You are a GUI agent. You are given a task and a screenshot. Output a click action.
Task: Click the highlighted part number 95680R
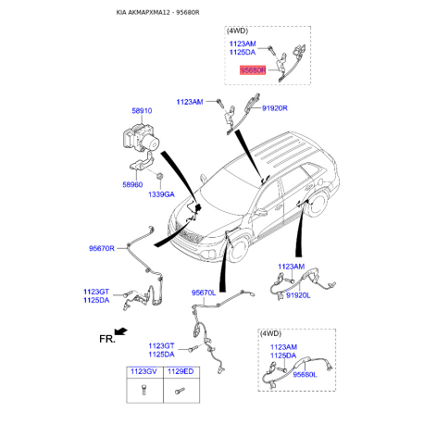click(x=253, y=70)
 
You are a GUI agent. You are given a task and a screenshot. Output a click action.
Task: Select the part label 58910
click(x=142, y=111)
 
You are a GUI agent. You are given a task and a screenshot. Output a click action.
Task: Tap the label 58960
click(x=132, y=184)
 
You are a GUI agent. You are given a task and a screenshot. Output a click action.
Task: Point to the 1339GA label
click(x=161, y=194)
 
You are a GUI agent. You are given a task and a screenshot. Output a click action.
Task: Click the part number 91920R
click(x=275, y=108)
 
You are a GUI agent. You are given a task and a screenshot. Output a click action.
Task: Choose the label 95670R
click(x=102, y=248)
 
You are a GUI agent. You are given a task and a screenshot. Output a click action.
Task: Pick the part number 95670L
click(x=204, y=293)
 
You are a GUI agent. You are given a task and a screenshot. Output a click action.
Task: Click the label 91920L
click(x=298, y=295)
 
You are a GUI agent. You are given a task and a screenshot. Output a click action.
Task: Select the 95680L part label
click(x=305, y=375)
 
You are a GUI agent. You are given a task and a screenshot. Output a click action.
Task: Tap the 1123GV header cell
click(x=144, y=372)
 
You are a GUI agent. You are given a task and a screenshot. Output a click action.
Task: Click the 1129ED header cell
click(x=181, y=372)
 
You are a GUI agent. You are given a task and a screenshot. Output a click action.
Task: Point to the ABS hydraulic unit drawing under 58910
click(x=142, y=137)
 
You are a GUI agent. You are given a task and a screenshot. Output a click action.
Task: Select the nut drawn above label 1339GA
click(x=160, y=176)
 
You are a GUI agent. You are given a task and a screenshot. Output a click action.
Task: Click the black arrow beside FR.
click(x=120, y=331)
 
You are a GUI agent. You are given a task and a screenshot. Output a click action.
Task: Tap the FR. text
click(x=107, y=339)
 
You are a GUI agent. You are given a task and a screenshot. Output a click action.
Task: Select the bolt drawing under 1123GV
click(x=143, y=390)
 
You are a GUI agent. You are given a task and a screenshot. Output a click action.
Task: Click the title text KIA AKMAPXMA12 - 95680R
click(x=157, y=13)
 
